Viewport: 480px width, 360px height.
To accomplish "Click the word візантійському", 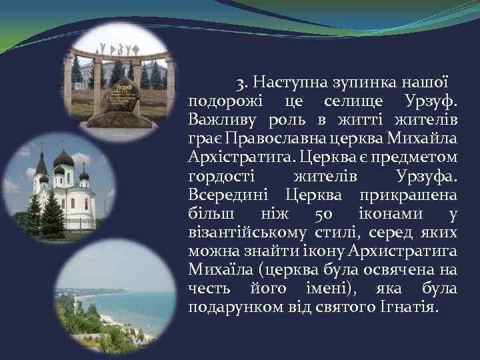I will [247, 233].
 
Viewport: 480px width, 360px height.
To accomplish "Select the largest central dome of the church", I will [64, 161].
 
